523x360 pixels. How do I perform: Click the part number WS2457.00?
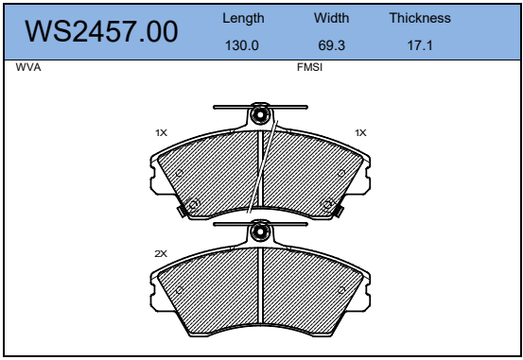(x=101, y=32)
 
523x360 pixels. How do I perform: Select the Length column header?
(x=243, y=18)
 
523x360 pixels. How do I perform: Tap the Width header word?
(x=331, y=18)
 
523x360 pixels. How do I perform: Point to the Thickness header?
(x=420, y=18)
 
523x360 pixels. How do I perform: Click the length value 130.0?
(x=242, y=45)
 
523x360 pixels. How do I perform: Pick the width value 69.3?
(x=331, y=45)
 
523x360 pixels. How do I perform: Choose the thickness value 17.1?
(x=420, y=45)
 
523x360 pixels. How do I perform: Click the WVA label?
(x=28, y=67)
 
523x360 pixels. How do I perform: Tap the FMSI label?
(x=309, y=67)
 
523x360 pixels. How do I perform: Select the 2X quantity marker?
(x=161, y=253)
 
